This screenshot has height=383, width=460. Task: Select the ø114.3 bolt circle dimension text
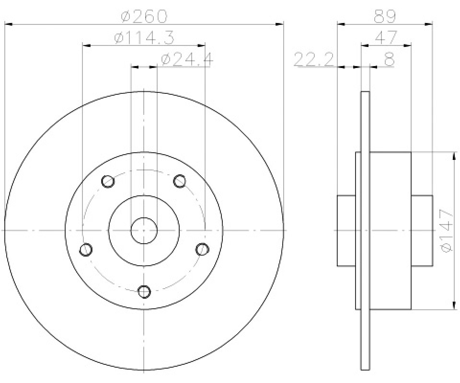click(x=144, y=38)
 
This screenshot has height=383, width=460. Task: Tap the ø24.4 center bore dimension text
click(x=186, y=59)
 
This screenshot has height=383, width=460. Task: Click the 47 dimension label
click(x=386, y=38)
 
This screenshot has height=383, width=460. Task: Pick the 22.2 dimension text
click(x=313, y=59)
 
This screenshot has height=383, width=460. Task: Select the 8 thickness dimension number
click(x=389, y=59)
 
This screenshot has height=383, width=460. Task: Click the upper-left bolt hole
click(x=108, y=181)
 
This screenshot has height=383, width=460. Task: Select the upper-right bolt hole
click(x=179, y=181)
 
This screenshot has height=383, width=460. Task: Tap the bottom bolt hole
click(x=144, y=292)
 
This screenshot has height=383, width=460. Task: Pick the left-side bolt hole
click(x=86, y=249)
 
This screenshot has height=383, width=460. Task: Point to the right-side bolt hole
click(x=202, y=249)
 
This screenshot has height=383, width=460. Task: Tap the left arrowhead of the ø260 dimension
click(x=9, y=24)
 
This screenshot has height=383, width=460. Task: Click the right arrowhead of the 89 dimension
click(x=429, y=24)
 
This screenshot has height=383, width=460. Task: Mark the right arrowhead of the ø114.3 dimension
click(x=201, y=45)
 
